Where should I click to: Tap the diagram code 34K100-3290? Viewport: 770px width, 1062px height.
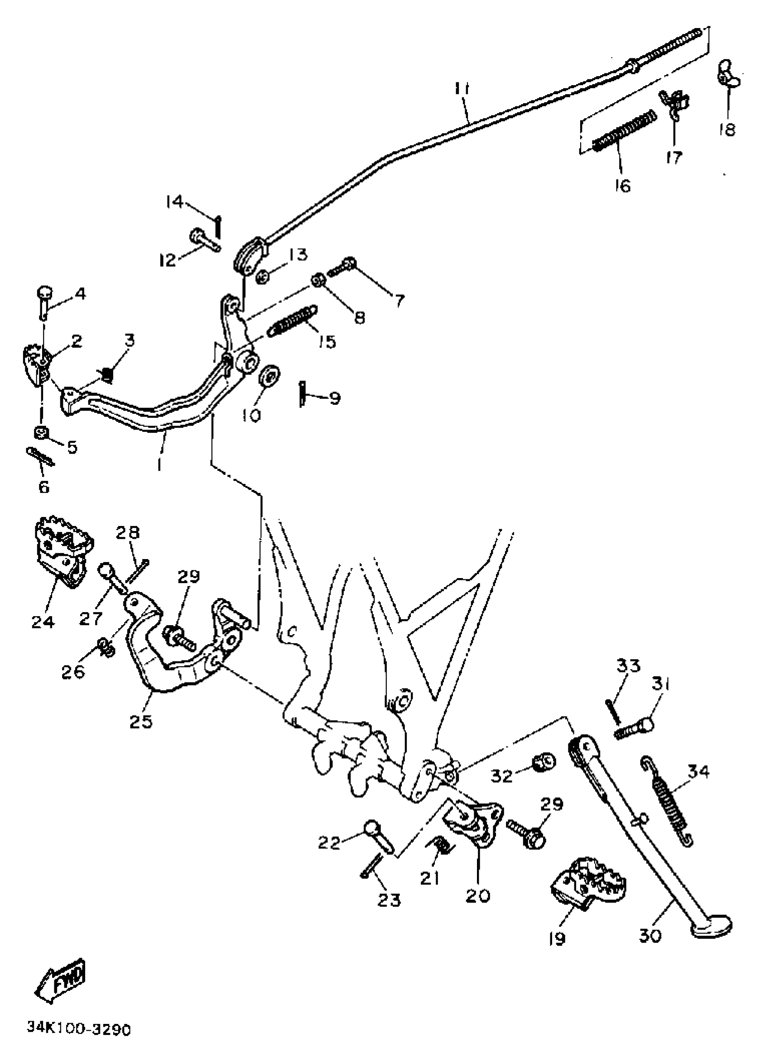tap(79, 1029)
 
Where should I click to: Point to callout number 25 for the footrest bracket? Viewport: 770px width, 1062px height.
tap(141, 721)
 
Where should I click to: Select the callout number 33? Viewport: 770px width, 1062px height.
tap(628, 665)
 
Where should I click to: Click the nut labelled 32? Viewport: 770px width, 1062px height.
tap(543, 762)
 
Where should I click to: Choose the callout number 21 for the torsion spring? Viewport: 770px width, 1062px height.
tap(430, 877)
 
